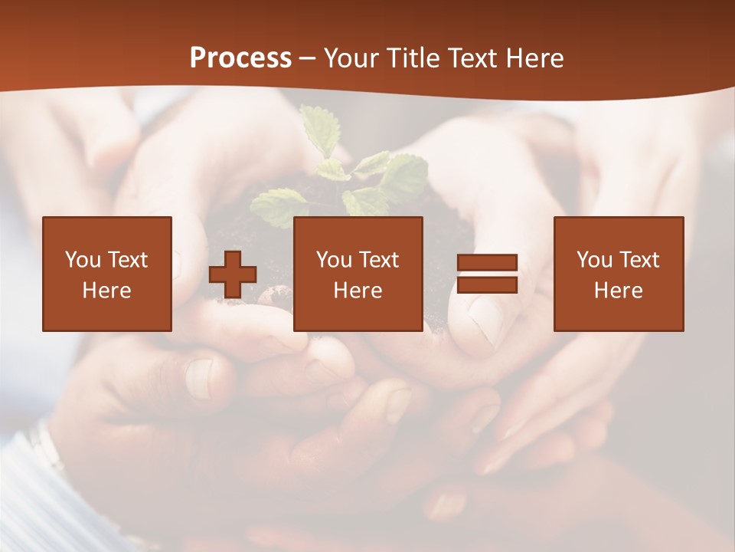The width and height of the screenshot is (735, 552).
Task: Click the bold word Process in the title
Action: point(240,58)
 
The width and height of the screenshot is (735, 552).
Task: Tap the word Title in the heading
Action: point(414,58)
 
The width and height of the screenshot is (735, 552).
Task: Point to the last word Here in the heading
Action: point(535,58)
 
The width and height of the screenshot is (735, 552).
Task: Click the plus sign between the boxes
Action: point(233,274)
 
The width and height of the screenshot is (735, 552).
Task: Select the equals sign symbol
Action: point(487,274)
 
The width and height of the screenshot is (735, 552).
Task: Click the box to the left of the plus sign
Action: point(107,274)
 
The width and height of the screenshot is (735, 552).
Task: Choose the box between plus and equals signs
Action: point(358,274)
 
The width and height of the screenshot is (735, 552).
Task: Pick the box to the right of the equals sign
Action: point(619,274)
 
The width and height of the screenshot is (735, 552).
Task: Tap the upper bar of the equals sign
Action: point(487,263)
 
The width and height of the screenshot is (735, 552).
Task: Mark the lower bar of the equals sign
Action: point(487,284)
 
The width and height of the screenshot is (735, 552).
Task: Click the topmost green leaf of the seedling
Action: point(317,127)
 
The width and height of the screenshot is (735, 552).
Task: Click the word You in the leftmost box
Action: point(83,260)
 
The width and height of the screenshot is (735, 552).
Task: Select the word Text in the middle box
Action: point(380,260)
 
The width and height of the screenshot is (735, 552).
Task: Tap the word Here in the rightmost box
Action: point(619,291)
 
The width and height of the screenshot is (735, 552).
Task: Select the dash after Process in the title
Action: point(308,58)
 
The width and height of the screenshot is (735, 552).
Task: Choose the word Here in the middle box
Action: point(358,291)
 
